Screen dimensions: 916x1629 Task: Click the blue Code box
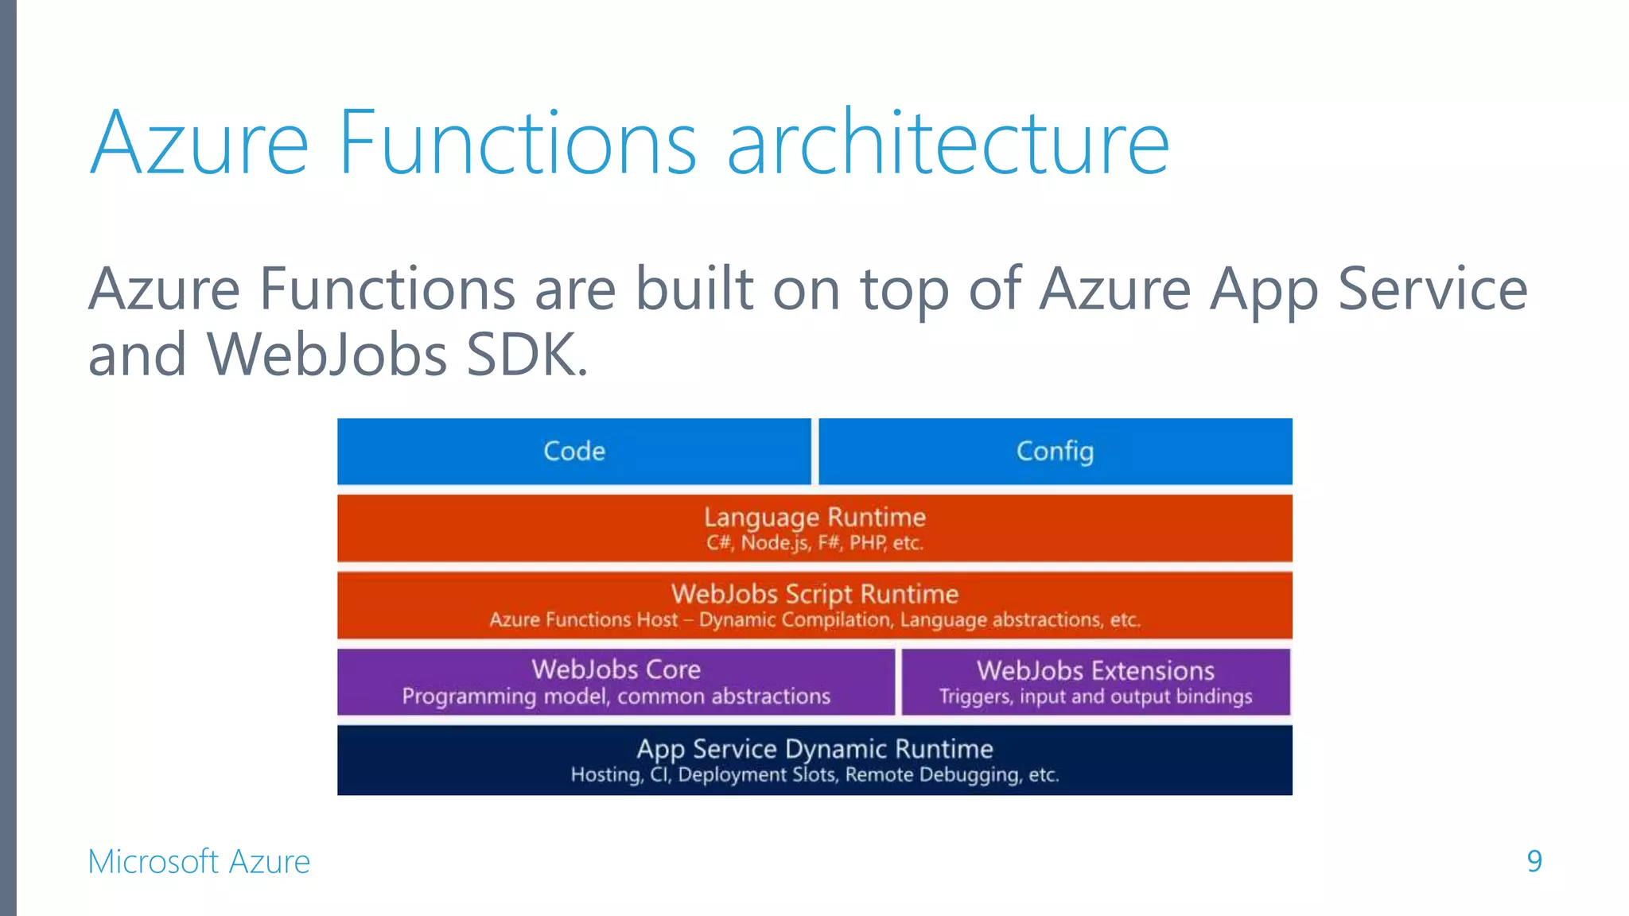(573, 451)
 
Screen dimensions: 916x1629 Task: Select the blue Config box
(1055, 451)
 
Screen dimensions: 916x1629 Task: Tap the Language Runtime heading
(814, 518)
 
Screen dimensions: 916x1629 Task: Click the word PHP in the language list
(867, 543)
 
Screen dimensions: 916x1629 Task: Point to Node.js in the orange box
(775, 543)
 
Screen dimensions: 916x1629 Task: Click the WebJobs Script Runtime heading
(814, 594)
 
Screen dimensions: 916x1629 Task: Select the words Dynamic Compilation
(795, 619)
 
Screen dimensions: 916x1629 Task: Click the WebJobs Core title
(616, 670)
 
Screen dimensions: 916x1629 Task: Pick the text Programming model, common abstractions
(616, 697)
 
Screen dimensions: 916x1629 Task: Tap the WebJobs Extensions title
(1095, 670)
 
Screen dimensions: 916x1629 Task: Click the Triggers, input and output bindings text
(1095, 697)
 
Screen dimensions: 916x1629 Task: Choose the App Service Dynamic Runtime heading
(814, 749)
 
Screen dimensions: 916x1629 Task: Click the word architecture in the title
(948, 143)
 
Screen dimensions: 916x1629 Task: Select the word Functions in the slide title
(517, 143)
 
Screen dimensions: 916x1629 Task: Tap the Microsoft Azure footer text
(199, 862)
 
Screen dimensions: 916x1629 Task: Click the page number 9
(1534, 861)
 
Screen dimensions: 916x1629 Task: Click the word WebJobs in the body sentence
(326, 355)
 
